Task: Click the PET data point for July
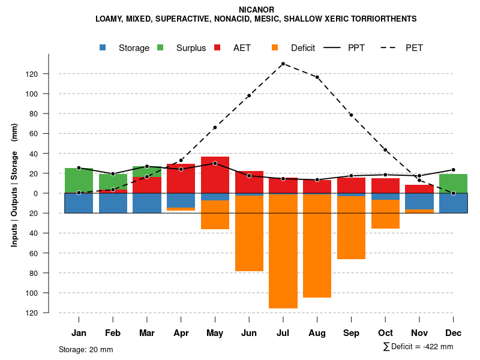pos(283,64)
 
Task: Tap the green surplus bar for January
pos(79,181)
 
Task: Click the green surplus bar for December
pos(454,184)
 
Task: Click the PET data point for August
pos(317,77)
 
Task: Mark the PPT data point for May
pos(215,163)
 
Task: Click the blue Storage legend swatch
pos(103,48)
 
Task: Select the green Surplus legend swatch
pos(160,48)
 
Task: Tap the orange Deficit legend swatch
pos(275,48)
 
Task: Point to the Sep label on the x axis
pos(351,333)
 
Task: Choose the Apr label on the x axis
pos(181,333)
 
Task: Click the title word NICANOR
pos(256,10)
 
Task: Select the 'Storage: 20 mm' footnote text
pos(86,349)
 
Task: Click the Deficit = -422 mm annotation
pos(418,347)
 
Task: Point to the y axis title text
pos(14,193)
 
